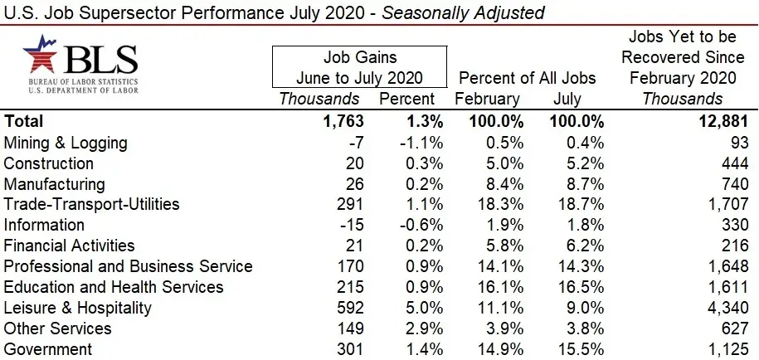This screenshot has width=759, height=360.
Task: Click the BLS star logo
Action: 40,54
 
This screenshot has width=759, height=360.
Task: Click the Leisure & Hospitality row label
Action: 78,308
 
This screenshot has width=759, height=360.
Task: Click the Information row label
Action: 44,225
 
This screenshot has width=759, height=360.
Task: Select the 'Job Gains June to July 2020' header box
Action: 359,67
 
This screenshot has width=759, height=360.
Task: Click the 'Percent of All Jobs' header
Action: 527,78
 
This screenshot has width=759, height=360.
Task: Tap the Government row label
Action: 47,349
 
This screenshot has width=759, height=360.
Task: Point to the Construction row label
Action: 49,163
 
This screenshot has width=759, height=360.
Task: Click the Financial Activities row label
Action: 70,246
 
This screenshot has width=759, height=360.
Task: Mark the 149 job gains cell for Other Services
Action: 348,328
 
